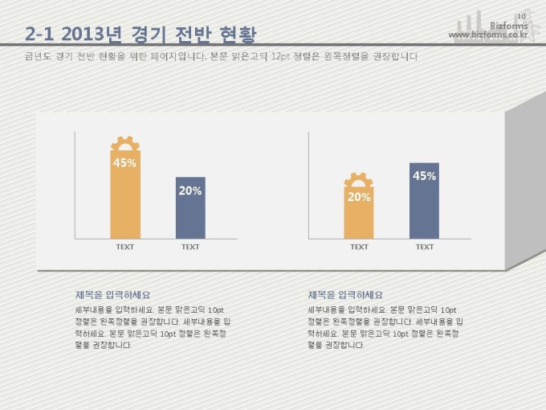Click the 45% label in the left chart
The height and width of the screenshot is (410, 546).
[x=124, y=163]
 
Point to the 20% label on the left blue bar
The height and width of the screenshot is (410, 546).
[x=190, y=191]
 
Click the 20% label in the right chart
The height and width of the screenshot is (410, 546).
[x=359, y=197]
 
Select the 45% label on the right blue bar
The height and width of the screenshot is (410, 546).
[x=424, y=176]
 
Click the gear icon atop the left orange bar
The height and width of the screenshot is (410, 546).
[x=124, y=144]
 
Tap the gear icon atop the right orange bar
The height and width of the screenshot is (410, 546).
[x=359, y=180]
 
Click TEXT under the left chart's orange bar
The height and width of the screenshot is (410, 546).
[x=124, y=247]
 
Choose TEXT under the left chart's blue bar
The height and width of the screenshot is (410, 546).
[x=190, y=247]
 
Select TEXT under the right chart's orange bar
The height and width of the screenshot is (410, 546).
[x=359, y=247]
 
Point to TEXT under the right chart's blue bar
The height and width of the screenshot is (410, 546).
[x=424, y=247]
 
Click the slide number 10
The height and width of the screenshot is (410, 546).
[x=521, y=17]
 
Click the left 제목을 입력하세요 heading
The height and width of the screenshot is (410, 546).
[x=112, y=295]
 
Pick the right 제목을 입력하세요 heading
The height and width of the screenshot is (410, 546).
[x=345, y=295]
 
